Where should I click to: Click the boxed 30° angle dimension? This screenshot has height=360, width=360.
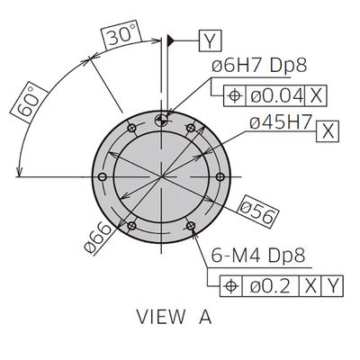point(121,35)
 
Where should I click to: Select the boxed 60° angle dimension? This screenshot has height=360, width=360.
point(29,102)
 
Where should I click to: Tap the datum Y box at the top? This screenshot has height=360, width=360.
point(210,40)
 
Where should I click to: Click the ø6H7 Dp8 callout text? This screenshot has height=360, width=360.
point(259,65)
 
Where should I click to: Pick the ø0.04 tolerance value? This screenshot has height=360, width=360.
point(275,96)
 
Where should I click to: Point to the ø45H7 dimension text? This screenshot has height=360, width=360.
point(281,122)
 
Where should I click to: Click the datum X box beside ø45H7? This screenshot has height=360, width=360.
point(328,131)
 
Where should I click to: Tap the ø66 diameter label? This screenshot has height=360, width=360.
point(97,238)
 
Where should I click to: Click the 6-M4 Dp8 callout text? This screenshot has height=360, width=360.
point(258,256)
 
